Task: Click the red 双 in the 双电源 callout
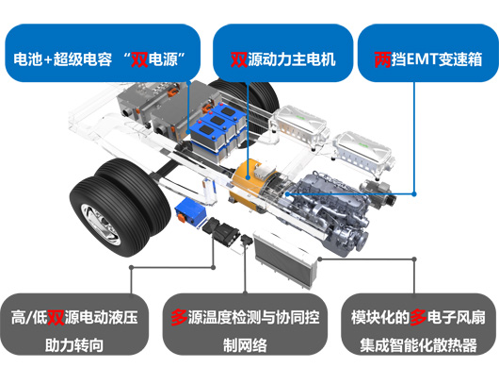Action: pyautogui.click(x=139, y=59)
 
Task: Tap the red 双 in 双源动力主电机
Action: pyautogui.click(x=239, y=59)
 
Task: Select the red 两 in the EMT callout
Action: pyautogui.click(x=382, y=59)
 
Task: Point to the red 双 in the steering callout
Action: pyautogui.click(x=56, y=317)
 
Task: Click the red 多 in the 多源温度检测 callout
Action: pyautogui.click(x=179, y=317)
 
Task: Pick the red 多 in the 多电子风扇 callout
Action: pyautogui.click(x=418, y=317)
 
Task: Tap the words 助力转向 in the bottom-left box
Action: pyautogui.click(x=74, y=345)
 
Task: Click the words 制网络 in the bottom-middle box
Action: pyautogui.click(x=245, y=345)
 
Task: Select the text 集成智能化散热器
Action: pyautogui.click(x=418, y=345)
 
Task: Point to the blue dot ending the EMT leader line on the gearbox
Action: pyautogui.click(x=287, y=194)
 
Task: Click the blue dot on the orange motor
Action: pyautogui.click(x=249, y=177)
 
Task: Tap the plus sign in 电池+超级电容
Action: pyautogui.click(x=48, y=60)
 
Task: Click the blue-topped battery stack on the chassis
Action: pyautogui.click(x=218, y=132)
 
